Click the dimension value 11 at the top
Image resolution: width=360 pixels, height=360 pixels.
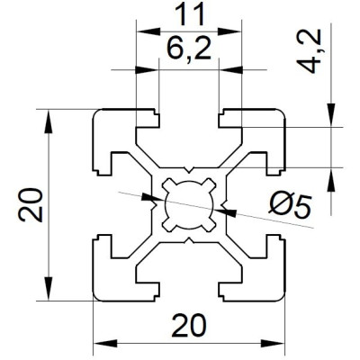pyautogui.click(x=189, y=14)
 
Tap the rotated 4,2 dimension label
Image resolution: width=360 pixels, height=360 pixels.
pyautogui.click(x=309, y=51)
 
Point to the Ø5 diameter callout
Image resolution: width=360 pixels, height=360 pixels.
pyautogui.click(x=290, y=206)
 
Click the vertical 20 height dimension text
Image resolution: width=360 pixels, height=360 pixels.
pyautogui.click(x=31, y=205)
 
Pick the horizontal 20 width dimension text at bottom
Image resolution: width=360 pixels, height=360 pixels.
pyautogui.click(x=189, y=325)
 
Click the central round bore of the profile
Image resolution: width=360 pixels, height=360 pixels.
pyautogui.click(x=189, y=205)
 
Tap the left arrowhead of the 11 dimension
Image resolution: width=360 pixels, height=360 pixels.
pyautogui.click(x=148, y=31)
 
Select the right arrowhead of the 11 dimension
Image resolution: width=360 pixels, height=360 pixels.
pyautogui.click(x=229, y=31)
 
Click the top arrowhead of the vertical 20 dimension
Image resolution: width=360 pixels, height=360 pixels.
pyautogui.click(x=48, y=121)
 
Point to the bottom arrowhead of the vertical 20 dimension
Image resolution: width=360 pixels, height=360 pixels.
pyautogui.click(x=48, y=289)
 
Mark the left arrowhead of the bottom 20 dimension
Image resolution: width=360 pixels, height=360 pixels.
pyautogui.click(x=105, y=343)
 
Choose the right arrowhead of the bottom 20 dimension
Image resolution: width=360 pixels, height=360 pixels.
pyautogui.click(x=273, y=343)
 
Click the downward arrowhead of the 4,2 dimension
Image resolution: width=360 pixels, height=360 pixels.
pyautogui.click(x=331, y=115)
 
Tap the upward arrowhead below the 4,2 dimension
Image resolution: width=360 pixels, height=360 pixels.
pyautogui.click(x=331, y=179)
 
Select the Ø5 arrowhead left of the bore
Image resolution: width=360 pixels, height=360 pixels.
pyautogui.click(x=153, y=198)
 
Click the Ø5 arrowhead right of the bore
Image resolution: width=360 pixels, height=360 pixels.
pyautogui.click(x=225, y=211)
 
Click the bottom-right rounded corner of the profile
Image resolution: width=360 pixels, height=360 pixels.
pyautogui.click(x=281, y=296)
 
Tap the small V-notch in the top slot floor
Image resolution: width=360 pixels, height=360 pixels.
pyautogui.click(x=189, y=170)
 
